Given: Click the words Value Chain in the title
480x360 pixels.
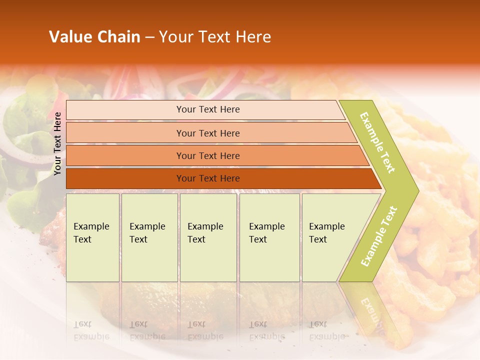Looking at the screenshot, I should click(x=94, y=37).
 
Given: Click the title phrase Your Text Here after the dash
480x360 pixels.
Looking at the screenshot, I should click(x=215, y=37).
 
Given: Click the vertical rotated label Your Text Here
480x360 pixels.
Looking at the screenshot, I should click(x=57, y=144).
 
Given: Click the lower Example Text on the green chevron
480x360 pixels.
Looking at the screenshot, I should click(x=379, y=236).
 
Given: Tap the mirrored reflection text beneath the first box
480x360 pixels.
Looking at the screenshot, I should click(x=91, y=330).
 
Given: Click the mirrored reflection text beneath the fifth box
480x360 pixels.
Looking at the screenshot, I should click(x=326, y=330).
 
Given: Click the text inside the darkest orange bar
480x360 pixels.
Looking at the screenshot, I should click(x=208, y=178).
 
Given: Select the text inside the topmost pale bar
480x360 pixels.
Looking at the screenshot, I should click(x=208, y=109).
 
